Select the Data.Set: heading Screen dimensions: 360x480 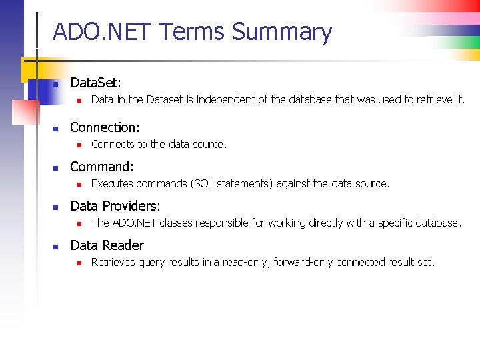95,83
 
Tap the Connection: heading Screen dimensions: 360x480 105,127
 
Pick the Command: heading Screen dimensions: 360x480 101,166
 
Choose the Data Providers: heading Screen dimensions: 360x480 115,206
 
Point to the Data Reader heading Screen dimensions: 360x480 107,245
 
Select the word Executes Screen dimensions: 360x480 112,183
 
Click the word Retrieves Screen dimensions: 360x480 113,262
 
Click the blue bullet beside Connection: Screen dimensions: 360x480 57,128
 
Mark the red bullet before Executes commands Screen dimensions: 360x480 78,184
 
